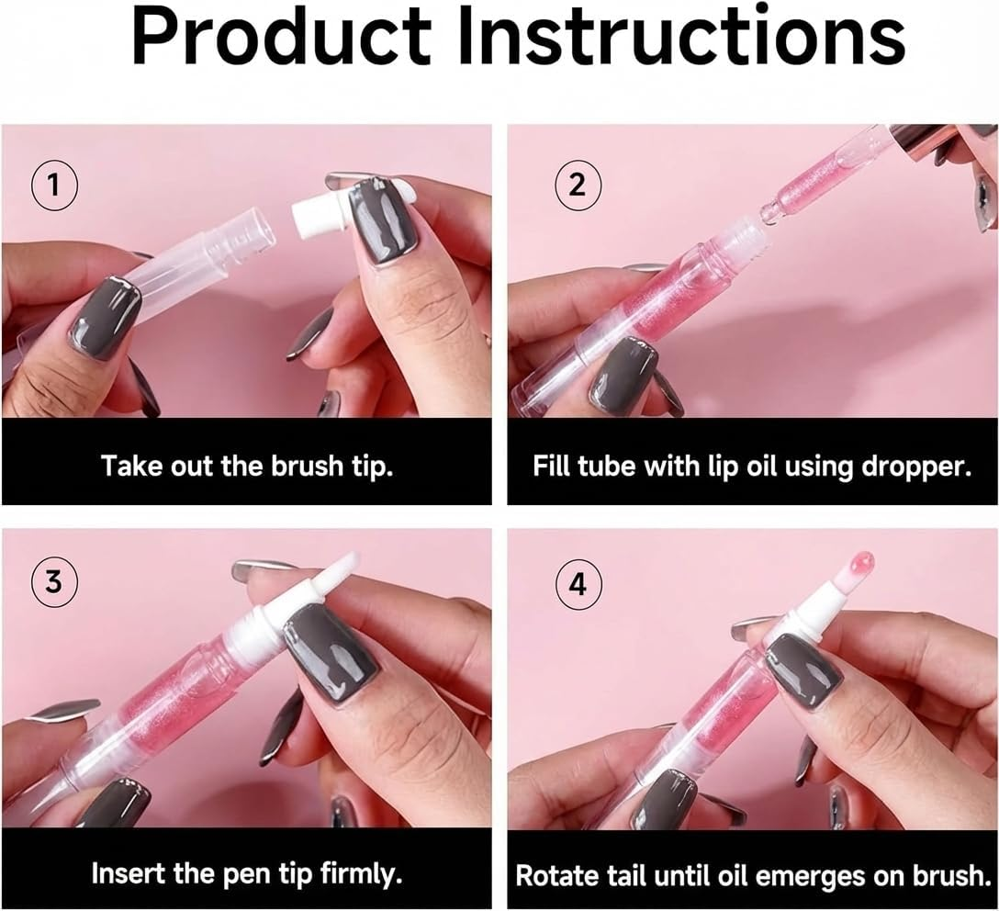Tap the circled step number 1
[x=54, y=186]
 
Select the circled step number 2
[x=578, y=186]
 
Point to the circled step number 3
[x=54, y=583]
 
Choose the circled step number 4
[x=578, y=583]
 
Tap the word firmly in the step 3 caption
[x=354, y=872]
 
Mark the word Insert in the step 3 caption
[x=127, y=872]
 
